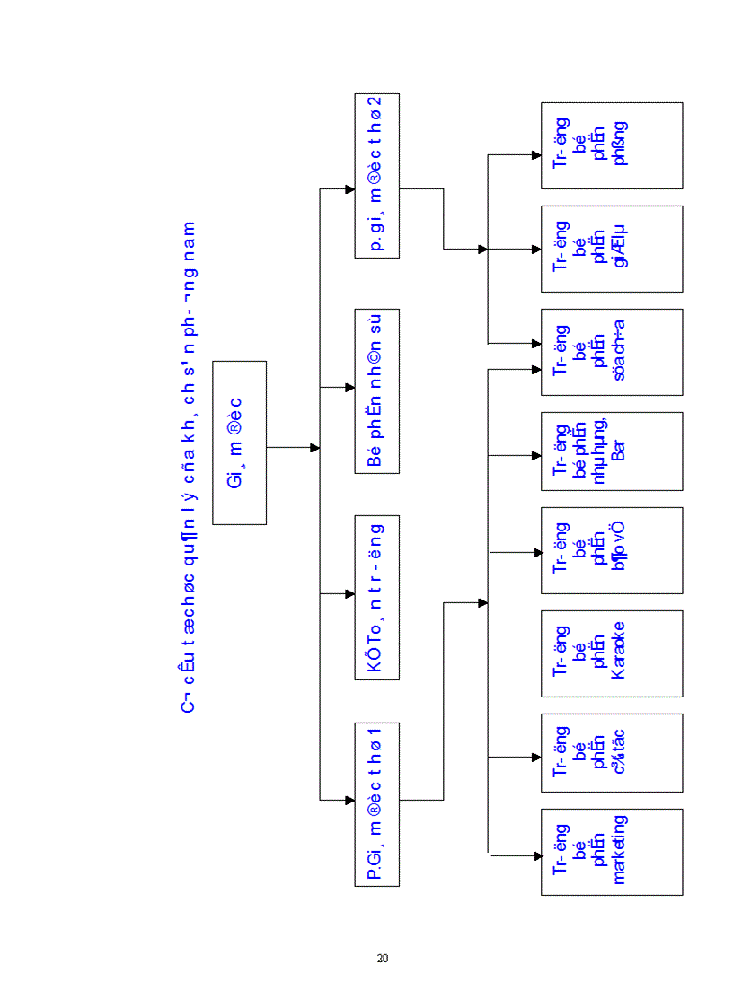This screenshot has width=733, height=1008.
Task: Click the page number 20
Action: [383, 958]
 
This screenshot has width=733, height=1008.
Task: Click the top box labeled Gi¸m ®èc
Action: [240, 443]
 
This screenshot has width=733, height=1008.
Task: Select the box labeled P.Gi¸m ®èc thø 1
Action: [377, 802]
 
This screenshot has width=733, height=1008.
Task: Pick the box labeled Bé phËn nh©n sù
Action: [377, 390]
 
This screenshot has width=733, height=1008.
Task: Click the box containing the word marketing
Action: [611, 851]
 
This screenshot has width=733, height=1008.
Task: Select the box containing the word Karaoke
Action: [611, 653]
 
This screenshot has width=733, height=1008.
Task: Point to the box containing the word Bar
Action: [611, 451]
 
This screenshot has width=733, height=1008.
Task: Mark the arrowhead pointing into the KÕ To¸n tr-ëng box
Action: [349, 593]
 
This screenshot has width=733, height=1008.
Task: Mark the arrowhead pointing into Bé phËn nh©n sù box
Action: [349, 388]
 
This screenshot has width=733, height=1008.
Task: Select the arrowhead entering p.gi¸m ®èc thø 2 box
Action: [349, 189]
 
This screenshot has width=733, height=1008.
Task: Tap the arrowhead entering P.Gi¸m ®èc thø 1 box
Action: [349, 799]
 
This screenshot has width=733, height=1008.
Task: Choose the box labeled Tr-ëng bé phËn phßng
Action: [611, 145]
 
